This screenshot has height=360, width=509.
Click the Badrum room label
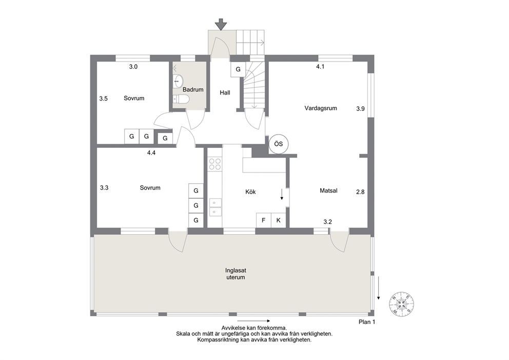[193, 89]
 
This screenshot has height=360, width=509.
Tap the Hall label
[225, 92]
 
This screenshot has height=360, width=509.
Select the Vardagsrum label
[320, 108]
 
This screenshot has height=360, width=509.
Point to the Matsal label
[328, 191]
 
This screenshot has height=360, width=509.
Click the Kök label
[250, 192]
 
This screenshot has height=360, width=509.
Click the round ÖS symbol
[279, 144]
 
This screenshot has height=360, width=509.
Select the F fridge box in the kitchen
[264, 220]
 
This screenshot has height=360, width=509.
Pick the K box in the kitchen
[279, 220]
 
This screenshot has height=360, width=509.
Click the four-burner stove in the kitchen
[214, 164]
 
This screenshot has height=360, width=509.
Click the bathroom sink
[178, 81]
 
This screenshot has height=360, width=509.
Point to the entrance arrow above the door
[221, 24]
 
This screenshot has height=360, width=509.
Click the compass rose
[402, 304]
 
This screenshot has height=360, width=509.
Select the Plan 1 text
[367, 322]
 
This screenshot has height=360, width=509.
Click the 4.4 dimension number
[151, 153]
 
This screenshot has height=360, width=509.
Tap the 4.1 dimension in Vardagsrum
[320, 67]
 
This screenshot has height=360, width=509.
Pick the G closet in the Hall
[238, 69]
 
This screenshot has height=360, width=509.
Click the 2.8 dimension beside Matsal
[360, 192]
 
